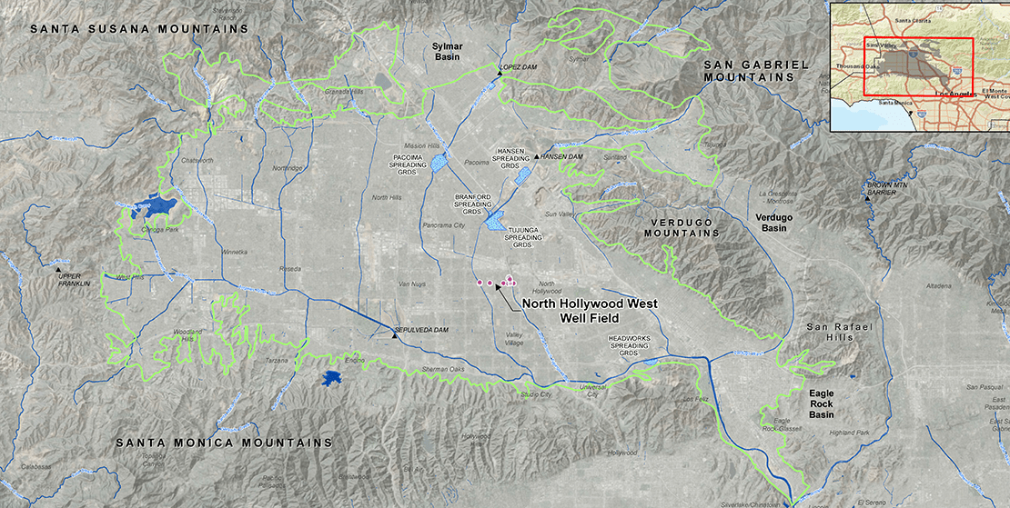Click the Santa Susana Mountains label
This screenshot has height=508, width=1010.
(x=139, y=29)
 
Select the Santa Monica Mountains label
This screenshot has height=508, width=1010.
(x=224, y=443)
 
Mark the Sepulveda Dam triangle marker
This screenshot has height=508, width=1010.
(x=394, y=335)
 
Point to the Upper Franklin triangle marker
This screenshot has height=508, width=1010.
(x=59, y=270)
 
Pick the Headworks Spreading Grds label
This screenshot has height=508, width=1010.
(x=629, y=344)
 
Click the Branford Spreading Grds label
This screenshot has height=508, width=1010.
(x=472, y=204)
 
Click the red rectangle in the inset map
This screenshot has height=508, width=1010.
(x=918, y=66)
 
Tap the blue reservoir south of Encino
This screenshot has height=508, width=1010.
(x=333, y=377)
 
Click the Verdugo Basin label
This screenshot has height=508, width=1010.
(x=773, y=223)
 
